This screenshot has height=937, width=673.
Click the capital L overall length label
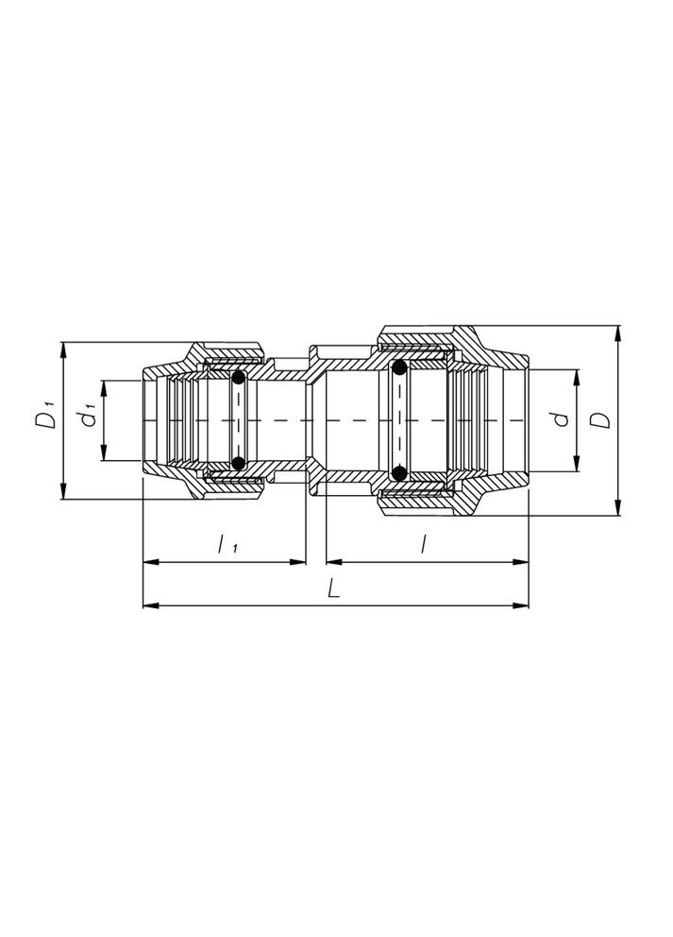click(333, 588)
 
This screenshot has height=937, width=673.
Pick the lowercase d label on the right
click(561, 418)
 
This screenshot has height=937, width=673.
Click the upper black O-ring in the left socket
click(239, 378)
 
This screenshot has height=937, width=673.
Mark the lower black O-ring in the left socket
click(239, 463)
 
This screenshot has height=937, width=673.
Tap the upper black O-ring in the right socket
click(400, 367)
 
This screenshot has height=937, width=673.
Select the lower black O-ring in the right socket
click(400, 472)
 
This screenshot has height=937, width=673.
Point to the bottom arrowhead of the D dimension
click(616, 508)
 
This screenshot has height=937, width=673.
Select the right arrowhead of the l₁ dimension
click(302, 563)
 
